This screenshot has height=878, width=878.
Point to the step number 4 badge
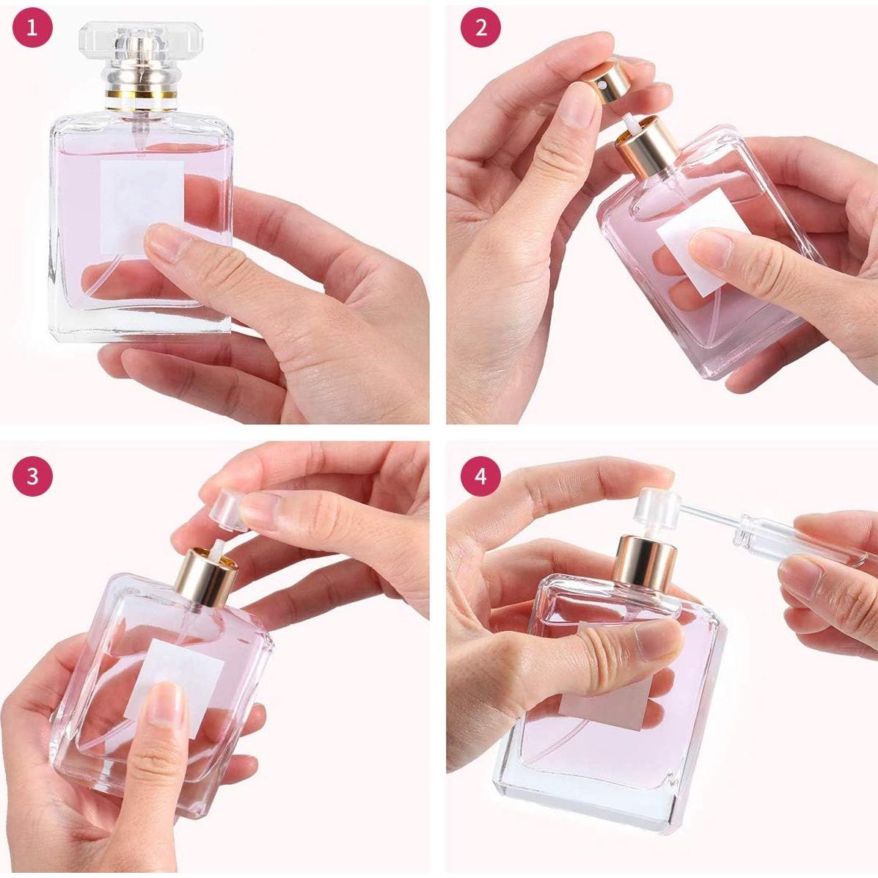pyautogui.click(x=480, y=476)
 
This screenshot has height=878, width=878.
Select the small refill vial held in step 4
pyautogui.click(x=792, y=539)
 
